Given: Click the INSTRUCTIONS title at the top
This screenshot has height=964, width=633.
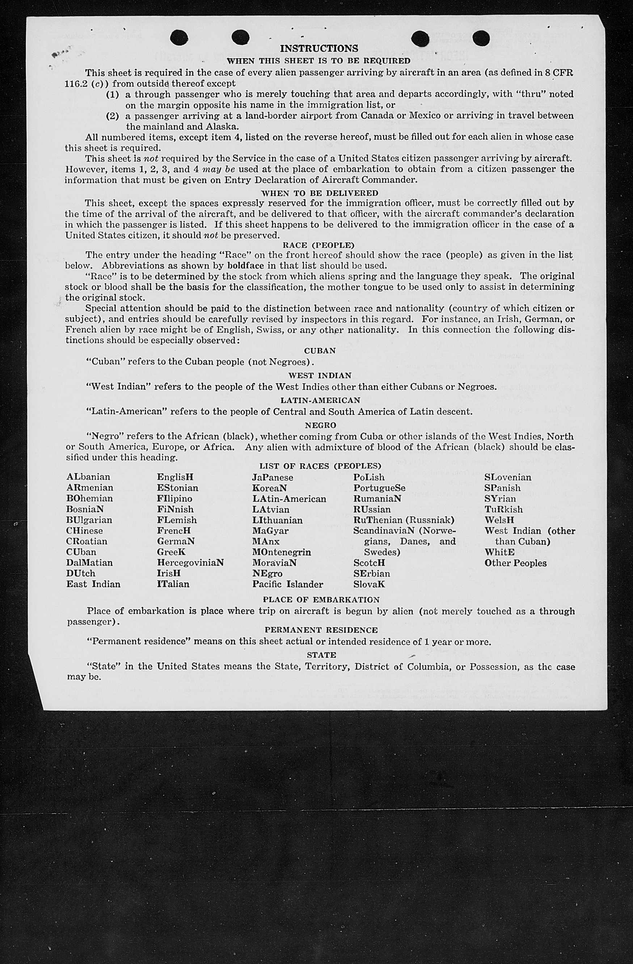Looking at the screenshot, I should [319, 48].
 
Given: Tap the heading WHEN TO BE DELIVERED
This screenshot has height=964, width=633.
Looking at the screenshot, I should [320, 193].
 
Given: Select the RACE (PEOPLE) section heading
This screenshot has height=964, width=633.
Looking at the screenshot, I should [318, 245].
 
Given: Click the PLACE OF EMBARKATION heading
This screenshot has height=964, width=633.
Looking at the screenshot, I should [321, 600].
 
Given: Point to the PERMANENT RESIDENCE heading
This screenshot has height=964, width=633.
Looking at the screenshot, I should [321, 630].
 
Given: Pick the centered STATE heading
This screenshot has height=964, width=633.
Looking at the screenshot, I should [321, 655].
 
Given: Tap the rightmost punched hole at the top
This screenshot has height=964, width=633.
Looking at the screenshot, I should [481, 38].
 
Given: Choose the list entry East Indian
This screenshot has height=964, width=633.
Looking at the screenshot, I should [93, 584].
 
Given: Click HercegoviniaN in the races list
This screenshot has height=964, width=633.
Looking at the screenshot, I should [190, 563].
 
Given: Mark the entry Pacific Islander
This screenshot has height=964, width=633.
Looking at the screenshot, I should [287, 584].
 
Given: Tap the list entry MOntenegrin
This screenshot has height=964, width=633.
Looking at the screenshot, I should [282, 552].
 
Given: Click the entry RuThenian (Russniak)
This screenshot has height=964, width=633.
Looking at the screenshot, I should [404, 520].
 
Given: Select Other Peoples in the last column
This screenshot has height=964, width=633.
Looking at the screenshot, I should [515, 563].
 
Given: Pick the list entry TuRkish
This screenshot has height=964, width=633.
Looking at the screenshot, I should [503, 509].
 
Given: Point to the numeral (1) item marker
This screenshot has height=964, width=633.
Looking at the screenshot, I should [113, 94].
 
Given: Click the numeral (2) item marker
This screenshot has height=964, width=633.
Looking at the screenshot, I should [113, 116].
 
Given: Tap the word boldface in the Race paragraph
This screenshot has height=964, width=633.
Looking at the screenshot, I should [245, 266].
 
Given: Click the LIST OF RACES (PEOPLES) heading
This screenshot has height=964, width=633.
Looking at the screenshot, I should [320, 466].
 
